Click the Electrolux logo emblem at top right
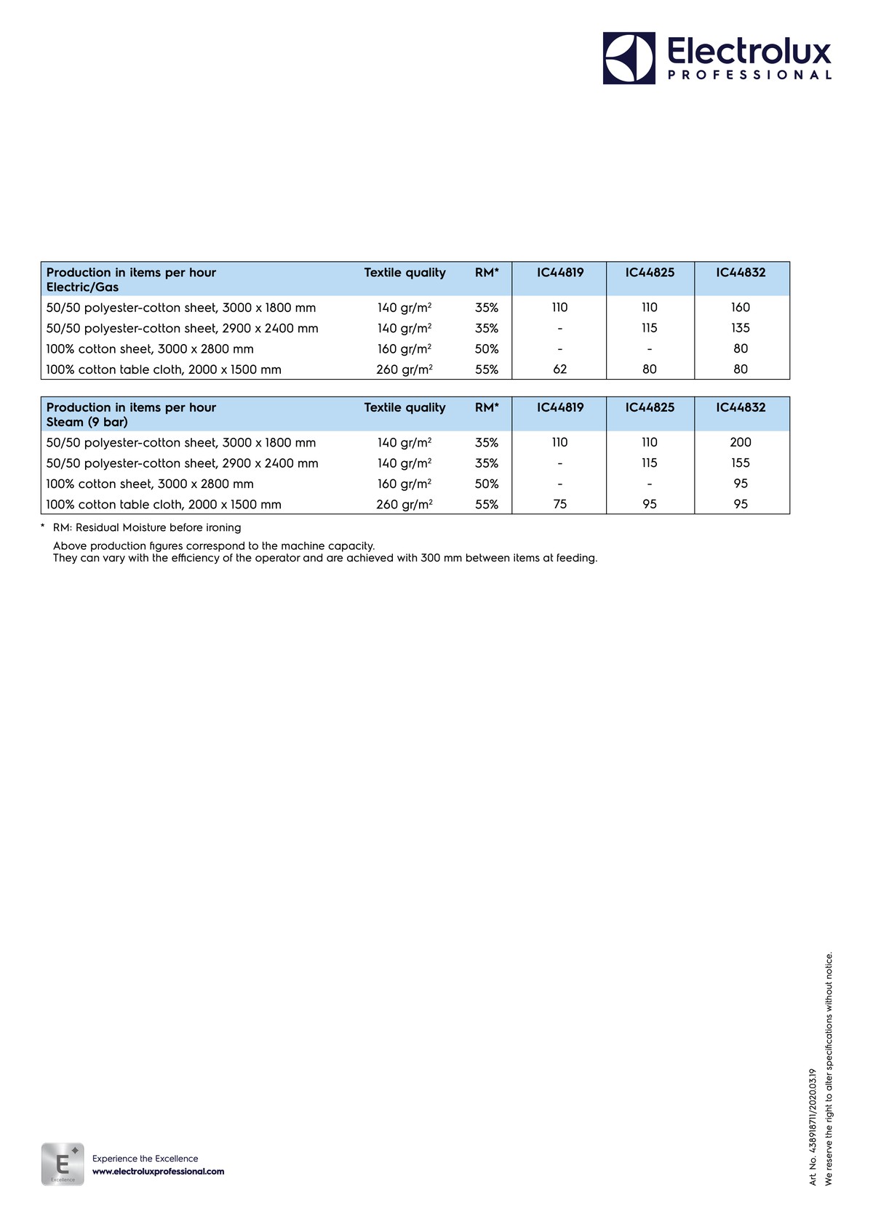[629, 58]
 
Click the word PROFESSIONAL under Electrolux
[749, 75]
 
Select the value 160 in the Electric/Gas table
[741, 308]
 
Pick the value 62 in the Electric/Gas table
[559, 369]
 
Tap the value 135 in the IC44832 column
[741, 328]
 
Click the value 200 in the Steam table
[741, 442]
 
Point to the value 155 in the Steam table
[741, 463]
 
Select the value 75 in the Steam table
[559, 504]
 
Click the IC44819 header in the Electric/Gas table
[560, 273]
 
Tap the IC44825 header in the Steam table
[650, 407]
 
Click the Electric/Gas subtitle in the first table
[82, 287]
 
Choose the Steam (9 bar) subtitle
[87, 422]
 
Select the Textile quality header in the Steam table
[404, 407]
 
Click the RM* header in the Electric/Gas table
[487, 273]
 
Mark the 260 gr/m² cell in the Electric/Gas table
[404, 369]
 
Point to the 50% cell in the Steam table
[487, 484]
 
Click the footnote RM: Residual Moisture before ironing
[146, 527]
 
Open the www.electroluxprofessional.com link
[158, 1172]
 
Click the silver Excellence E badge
[63, 1164]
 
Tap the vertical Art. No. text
[813, 1127]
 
